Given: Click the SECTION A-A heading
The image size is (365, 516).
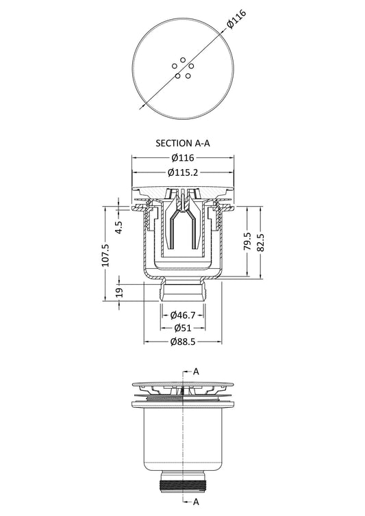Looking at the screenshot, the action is click(x=182, y=143).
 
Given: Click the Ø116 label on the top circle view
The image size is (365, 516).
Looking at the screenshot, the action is click(x=236, y=20).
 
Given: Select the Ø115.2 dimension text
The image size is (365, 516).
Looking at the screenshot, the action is click(x=183, y=172).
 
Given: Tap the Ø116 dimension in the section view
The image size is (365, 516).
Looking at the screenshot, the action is click(x=183, y=158).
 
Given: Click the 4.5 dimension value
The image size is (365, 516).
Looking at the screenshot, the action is click(x=119, y=227).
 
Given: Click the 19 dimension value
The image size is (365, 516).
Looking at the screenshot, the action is click(x=119, y=292).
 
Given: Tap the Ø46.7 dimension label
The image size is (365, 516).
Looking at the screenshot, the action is click(x=183, y=315).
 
